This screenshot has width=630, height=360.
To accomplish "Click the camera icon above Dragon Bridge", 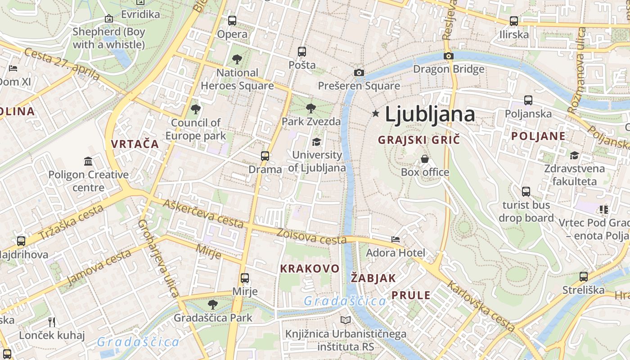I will [x=448, y=56].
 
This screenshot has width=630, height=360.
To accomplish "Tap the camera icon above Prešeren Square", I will [x=359, y=72].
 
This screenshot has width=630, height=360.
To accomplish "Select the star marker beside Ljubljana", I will [x=376, y=114].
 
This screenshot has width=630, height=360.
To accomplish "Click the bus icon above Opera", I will [x=232, y=20].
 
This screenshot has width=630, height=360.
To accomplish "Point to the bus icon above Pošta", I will [x=302, y=52].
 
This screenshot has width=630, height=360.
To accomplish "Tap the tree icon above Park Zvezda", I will [x=310, y=108].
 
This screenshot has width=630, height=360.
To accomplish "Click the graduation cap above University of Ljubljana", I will [x=317, y=142].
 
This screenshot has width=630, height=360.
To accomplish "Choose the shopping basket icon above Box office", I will [x=425, y=159].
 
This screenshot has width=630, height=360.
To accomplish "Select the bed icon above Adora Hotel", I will [x=396, y=239].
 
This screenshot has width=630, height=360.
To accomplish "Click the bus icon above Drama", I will [x=265, y=156].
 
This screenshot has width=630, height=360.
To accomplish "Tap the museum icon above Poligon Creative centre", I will [x=88, y=161].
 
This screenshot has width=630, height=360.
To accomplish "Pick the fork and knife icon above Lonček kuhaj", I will [x=52, y=322].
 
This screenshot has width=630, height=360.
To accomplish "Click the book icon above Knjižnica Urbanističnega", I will [x=346, y=320].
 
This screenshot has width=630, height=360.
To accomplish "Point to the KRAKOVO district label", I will [x=310, y=269].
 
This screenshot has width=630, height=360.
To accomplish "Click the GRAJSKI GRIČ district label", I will [x=419, y=140].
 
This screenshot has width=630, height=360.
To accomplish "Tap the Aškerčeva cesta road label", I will [x=203, y=213].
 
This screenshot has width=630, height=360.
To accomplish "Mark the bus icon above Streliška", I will [x=584, y=277].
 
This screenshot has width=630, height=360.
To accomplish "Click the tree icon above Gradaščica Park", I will [x=213, y=305].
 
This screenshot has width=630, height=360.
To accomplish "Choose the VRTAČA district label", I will [x=135, y=144].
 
